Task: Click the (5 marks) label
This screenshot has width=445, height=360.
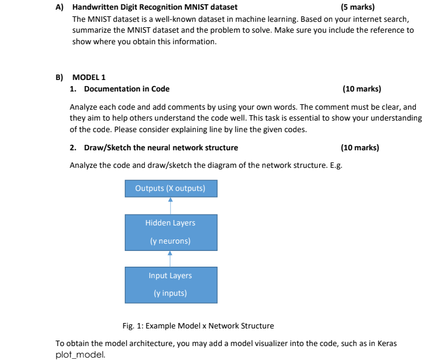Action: point(357,7)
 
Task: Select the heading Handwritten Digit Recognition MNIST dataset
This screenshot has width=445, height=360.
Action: point(155,7)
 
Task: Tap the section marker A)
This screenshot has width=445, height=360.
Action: point(59,7)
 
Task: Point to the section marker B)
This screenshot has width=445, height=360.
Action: point(59,77)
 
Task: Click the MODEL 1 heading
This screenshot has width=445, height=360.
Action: point(89,77)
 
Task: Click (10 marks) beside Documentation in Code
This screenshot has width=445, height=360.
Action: point(361,88)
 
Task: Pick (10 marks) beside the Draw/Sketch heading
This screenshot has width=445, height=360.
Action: point(360,147)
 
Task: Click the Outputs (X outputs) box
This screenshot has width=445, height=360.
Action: point(170,188)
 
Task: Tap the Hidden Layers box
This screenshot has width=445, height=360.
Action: point(170,232)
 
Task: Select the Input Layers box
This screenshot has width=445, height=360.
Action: point(170,284)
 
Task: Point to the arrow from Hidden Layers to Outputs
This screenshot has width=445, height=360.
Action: point(170,205)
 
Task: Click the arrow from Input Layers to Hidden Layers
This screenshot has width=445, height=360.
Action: point(170,258)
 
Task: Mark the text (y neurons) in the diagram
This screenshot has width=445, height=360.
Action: point(170,241)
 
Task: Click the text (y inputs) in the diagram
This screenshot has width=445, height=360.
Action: point(170,293)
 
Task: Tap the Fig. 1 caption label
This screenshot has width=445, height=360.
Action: point(198,325)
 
